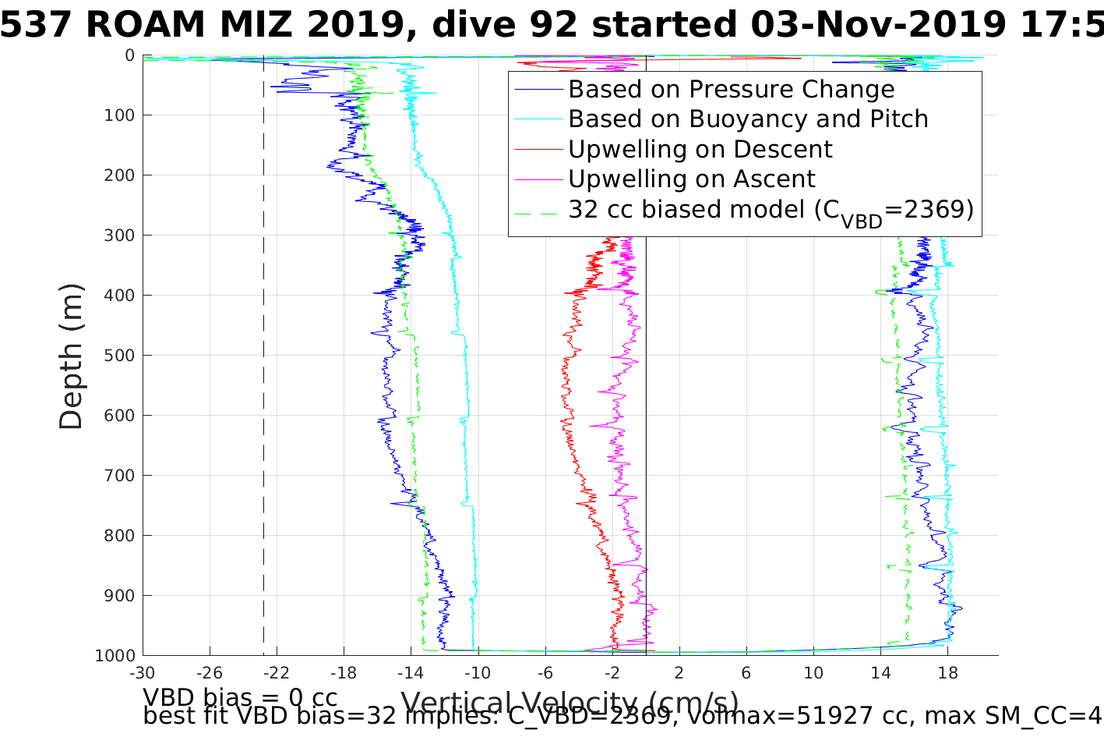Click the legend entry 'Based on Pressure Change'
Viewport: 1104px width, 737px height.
pyautogui.click(x=731, y=90)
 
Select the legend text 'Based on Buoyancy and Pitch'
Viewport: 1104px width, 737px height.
pyautogui.click(x=748, y=119)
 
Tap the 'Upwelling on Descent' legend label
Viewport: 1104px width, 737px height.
pyautogui.click(x=700, y=149)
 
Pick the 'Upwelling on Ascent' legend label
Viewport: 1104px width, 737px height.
pyautogui.click(x=691, y=179)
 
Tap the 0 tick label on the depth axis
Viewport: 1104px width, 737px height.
pyautogui.click(x=129, y=55)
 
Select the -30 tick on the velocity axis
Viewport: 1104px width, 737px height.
pyautogui.click(x=142, y=672)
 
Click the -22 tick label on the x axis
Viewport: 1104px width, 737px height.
pyautogui.click(x=276, y=672)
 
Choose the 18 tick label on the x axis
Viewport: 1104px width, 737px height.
pyautogui.click(x=947, y=672)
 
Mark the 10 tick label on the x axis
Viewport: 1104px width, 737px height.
pyautogui.click(x=813, y=672)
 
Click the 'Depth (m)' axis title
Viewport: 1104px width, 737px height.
pyautogui.click(x=71, y=356)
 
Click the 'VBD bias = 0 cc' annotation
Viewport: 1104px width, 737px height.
pyautogui.click(x=240, y=696)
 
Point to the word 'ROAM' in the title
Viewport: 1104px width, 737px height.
pyautogui.click(x=148, y=26)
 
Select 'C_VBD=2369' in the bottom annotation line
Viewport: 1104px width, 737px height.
pyautogui.click(x=610, y=715)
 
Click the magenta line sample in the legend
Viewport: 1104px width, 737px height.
pyautogui.click(x=538, y=179)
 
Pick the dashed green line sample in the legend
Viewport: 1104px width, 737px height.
pyautogui.click(x=538, y=210)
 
